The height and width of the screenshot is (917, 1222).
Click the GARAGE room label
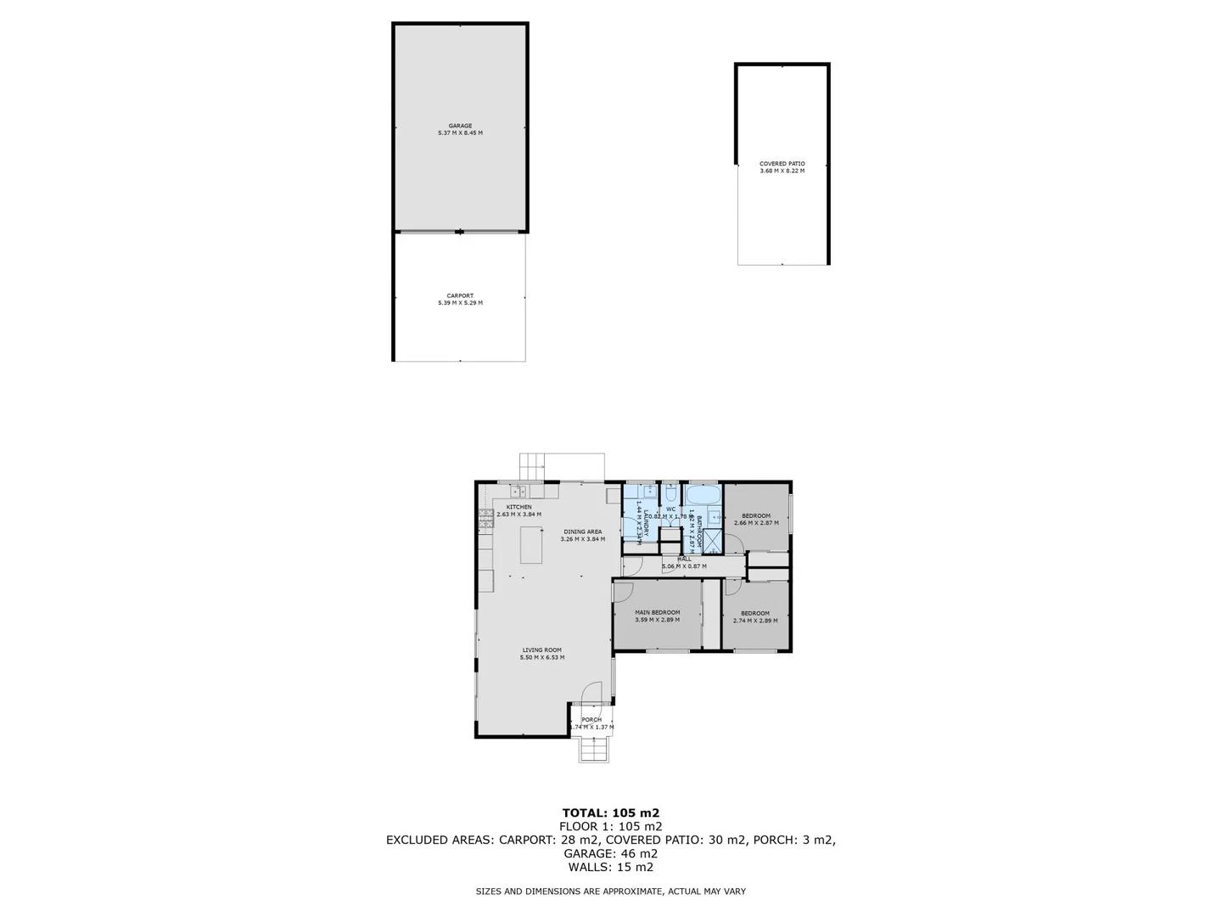[x=460, y=127]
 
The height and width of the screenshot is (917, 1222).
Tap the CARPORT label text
[x=460, y=296]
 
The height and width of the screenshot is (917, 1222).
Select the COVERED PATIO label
[x=782, y=164]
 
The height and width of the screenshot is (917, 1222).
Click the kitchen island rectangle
[x=531, y=545]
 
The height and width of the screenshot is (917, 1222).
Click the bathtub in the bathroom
[x=703, y=495]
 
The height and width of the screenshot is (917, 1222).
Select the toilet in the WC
[x=670, y=494]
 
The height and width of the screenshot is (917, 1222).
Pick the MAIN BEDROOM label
[x=658, y=612]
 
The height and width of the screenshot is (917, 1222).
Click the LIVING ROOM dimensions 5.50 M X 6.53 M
[x=542, y=657]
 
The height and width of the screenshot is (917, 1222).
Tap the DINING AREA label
[x=582, y=532]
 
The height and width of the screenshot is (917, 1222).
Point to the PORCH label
[x=591, y=720]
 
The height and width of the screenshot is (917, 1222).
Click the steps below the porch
[x=593, y=750]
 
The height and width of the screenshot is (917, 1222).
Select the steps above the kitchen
[x=532, y=466]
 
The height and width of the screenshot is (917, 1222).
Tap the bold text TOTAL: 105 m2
[x=610, y=813]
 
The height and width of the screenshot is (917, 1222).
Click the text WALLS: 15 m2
[x=610, y=867]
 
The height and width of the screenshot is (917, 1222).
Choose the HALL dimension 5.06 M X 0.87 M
[x=684, y=565]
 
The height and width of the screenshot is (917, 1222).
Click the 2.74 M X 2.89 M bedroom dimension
[x=755, y=621]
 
